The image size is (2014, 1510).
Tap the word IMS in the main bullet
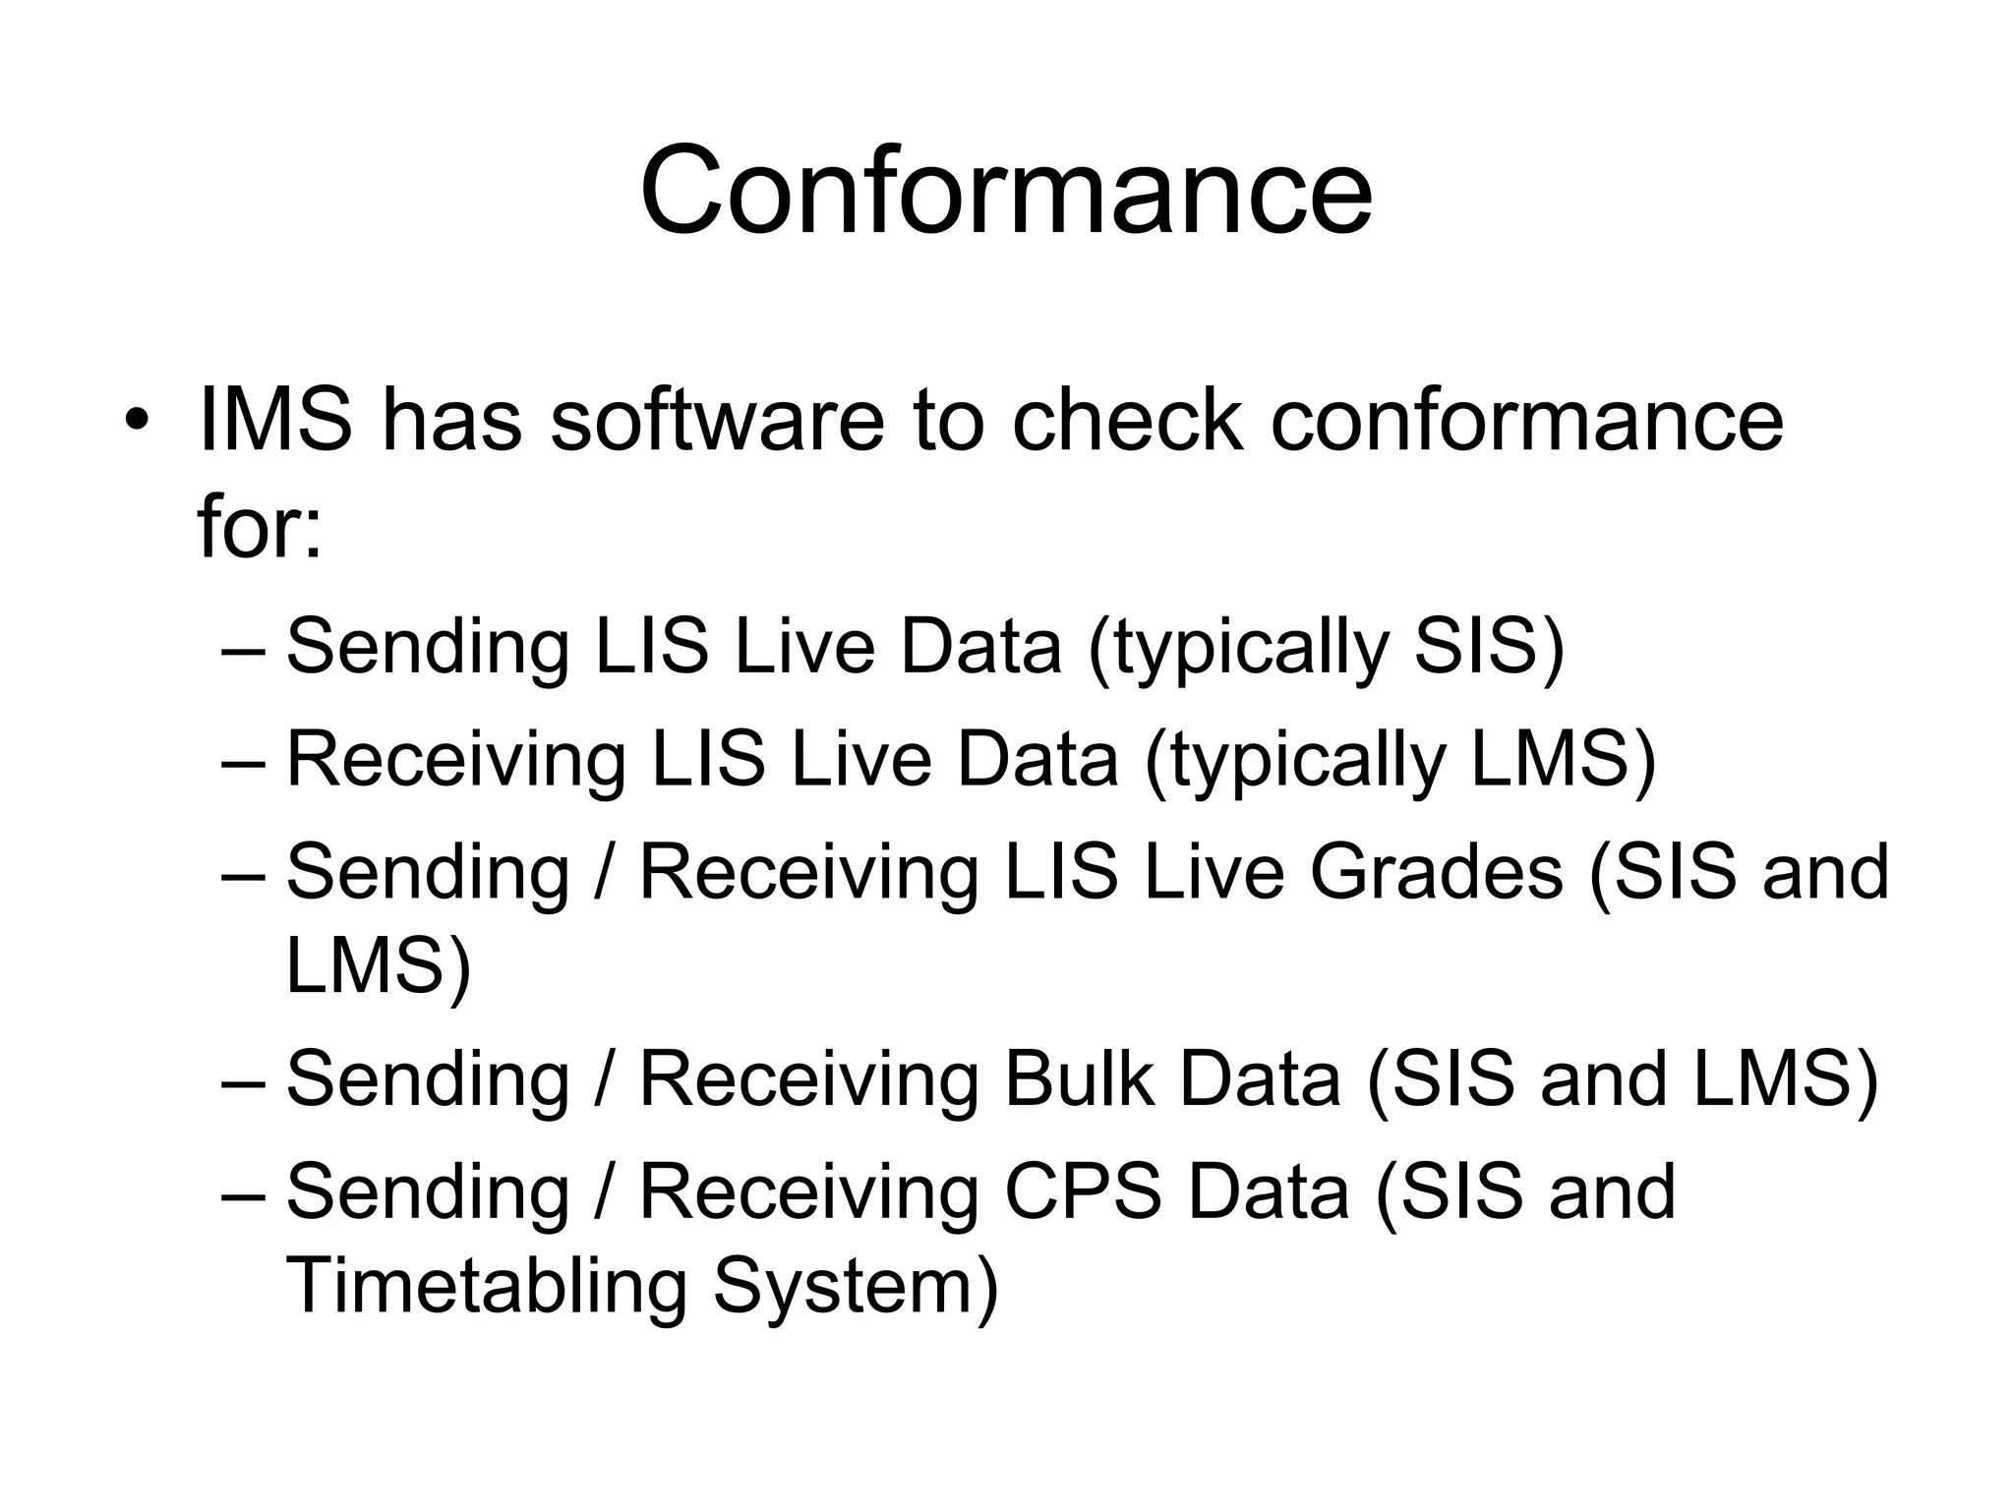pos(274,421)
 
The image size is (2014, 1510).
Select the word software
pos(717,421)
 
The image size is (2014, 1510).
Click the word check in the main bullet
pos(1127,421)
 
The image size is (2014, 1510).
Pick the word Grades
pos(1436,872)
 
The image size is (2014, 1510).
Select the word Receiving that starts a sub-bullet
pos(455,760)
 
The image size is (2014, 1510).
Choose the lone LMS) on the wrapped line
pos(379,965)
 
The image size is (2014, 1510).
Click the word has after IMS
pos(451,421)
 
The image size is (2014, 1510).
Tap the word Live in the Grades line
pos(1214,872)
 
